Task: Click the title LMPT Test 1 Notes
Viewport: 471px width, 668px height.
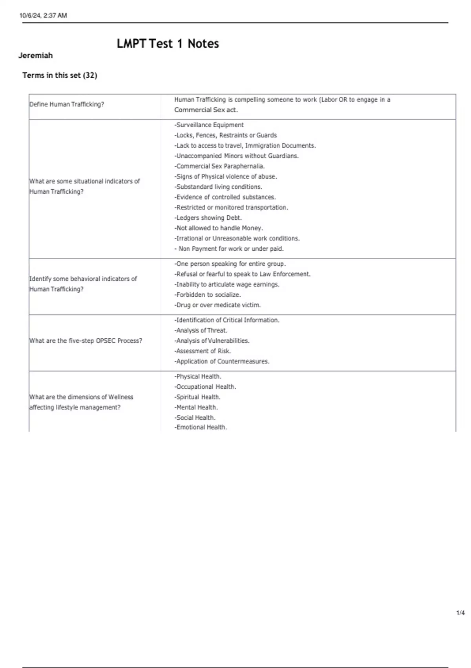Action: pyautogui.click(x=168, y=44)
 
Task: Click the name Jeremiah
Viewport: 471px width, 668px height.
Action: pyautogui.click(x=35, y=55)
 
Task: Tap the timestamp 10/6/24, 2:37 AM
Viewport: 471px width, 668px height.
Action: pyautogui.click(x=43, y=15)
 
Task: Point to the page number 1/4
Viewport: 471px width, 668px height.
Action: pyautogui.click(x=460, y=613)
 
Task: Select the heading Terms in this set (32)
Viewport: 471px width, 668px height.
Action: pyautogui.click(x=60, y=75)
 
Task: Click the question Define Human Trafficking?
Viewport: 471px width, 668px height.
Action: pyautogui.click(x=67, y=104)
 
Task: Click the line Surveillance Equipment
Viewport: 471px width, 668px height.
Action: pyautogui.click(x=209, y=125)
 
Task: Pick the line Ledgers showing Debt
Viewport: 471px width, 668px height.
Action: pyautogui.click(x=208, y=218)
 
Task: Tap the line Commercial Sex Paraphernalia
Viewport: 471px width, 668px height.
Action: pyautogui.click(x=219, y=166)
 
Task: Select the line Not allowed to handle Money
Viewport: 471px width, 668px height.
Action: pyautogui.click(x=219, y=228)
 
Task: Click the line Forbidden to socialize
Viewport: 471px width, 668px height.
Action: pyautogui.click(x=208, y=295)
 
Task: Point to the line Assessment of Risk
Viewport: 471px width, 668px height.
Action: pyautogui.click(x=203, y=351)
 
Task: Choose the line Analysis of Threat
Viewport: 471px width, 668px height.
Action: pyautogui.click(x=201, y=330)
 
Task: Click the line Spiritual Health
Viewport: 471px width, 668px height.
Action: pyautogui.click(x=197, y=397)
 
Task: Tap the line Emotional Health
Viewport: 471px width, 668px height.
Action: pyautogui.click(x=201, y=427)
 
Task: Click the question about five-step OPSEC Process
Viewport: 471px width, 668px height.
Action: pyautogui.click(x=86, y=341)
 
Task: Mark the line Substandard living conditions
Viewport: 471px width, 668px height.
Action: pyautogui.click(x=218, y=187)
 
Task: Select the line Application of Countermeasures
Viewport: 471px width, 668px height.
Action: pyautogui.click(x=222, y=361)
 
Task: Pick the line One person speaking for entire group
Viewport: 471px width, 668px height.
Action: pyautogui.click(x=230, y=264)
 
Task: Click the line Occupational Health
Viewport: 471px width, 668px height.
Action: pyautogui.click(x=205, y=387)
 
